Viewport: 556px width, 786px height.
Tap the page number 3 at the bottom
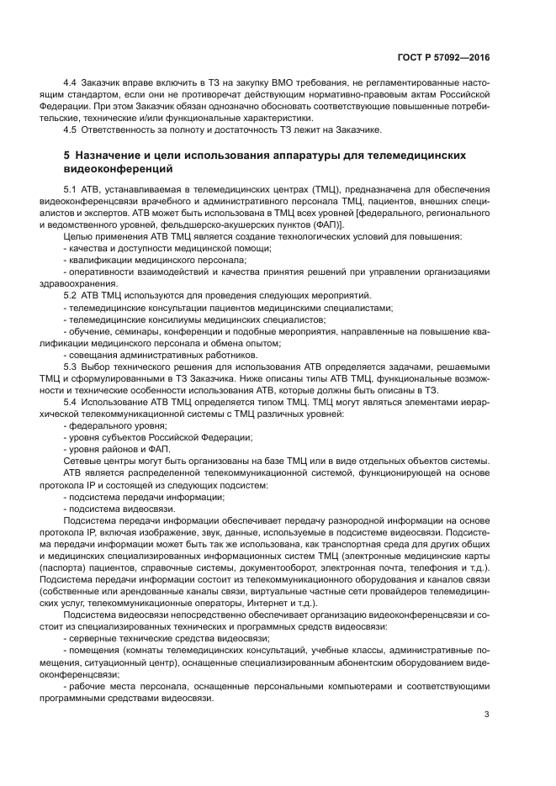487,715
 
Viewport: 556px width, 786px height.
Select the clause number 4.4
71,85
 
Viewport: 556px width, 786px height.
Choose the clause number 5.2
71,298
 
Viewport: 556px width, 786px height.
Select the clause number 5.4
71,403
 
